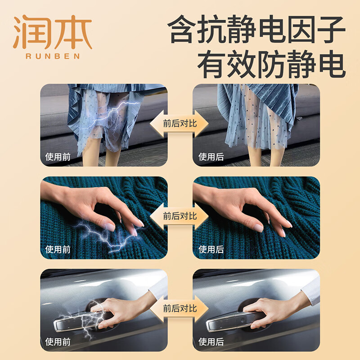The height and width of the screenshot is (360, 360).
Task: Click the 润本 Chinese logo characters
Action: click(x=53, y=32)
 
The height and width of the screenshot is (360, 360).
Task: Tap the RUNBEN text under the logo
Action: click(x=53, y=56)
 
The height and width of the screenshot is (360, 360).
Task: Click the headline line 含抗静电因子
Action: click(x=256, y=29)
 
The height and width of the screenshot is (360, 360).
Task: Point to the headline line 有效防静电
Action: click(x=272, y=64)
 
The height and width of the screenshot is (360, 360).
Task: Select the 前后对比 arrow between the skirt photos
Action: click(x=179, y=123)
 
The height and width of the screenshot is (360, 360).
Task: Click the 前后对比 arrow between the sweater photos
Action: click(x=179, y=216)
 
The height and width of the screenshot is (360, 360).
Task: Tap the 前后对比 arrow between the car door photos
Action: click(x=179, y=309)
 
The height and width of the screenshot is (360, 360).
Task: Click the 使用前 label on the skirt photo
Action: click(x=58, y=157)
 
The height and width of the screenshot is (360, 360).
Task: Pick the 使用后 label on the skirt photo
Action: click(x=211, y=157)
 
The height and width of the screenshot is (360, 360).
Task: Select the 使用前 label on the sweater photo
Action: click(x=58, y=249)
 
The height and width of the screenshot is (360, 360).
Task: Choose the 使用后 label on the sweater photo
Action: click(x=211, y=249)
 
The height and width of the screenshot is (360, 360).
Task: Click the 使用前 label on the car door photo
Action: click(x=58, y=342)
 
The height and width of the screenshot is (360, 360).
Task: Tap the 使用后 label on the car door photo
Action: click(x=211, y=342)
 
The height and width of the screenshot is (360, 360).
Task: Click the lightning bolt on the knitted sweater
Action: click(x=108, y=237)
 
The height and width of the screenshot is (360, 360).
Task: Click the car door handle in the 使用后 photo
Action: click(x=232, y=321)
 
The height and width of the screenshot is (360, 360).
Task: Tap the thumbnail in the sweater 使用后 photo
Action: click(x=258, y=228)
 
